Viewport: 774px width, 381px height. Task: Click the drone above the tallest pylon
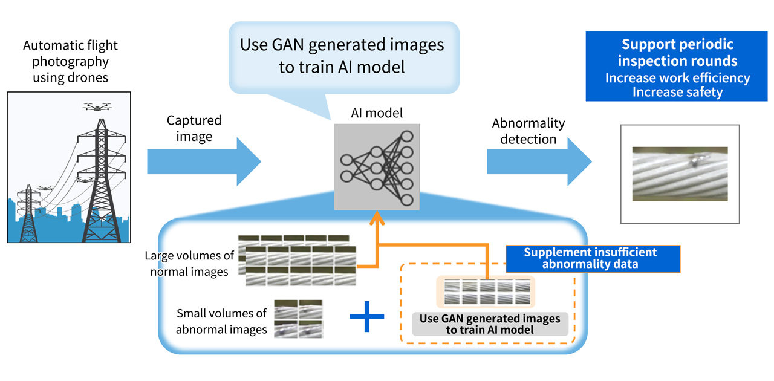pyautogui.click(x=97, y=107)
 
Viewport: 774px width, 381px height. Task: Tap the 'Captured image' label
pyautogui.click(x=194, y=128)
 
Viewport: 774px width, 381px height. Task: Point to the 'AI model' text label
pyautogui.click(x=376, y=112)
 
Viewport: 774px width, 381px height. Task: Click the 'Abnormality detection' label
pyautogui.click(x=528, y=131)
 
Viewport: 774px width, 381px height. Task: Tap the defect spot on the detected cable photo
pyautogui.click(x=696, y=160)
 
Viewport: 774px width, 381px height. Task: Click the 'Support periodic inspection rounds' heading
pyautogui.click(x=677, y=53)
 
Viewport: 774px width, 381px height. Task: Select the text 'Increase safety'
pyautogui.click(x=677, y=92)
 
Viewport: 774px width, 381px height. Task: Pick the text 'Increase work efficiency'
pyautogui.click(x=677, y=78)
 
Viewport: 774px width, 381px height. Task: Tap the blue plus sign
pyautogui.click(x=367, y=319)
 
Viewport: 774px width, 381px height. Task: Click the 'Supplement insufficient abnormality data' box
pyautogui.click(x=593, y=258)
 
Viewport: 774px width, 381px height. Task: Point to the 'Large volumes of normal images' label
pyautogui.click(x=189, y=264)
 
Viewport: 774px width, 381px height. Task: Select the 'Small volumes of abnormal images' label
pyautogui.click(x=221, y=321)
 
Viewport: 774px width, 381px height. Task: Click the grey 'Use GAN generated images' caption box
pyautogui.click(x=490, y=324)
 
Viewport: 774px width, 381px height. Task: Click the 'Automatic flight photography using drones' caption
pyautogui.click(x=70, y=61)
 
